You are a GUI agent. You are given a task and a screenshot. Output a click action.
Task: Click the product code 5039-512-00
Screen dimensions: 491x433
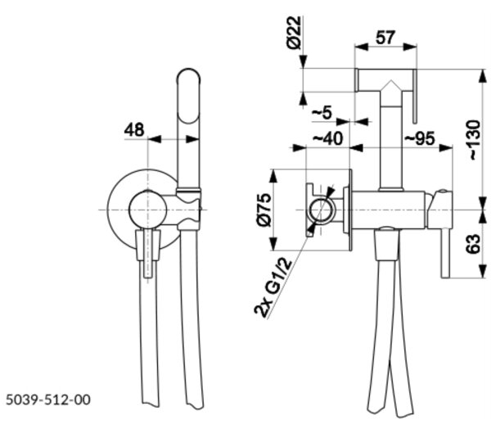[48, 399]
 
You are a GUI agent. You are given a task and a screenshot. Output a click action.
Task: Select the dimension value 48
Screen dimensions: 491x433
[134, 129]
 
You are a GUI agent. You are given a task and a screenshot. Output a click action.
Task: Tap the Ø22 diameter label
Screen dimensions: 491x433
[295, 33]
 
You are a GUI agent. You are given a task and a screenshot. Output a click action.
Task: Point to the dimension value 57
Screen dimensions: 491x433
[385, 38]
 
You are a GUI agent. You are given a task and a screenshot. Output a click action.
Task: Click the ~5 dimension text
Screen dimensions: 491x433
[322, 113]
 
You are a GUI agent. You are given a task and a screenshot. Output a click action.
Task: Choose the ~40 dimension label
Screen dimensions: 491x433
[328, 138]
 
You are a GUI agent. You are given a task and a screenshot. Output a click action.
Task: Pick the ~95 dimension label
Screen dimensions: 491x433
[420, 138]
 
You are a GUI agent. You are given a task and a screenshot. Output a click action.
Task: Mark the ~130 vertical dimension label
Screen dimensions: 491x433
[474, 140]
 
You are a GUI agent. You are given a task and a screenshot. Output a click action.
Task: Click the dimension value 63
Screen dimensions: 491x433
[473, 244]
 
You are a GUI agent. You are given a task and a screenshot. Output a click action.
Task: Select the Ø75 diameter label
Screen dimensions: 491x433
[264, 210]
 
